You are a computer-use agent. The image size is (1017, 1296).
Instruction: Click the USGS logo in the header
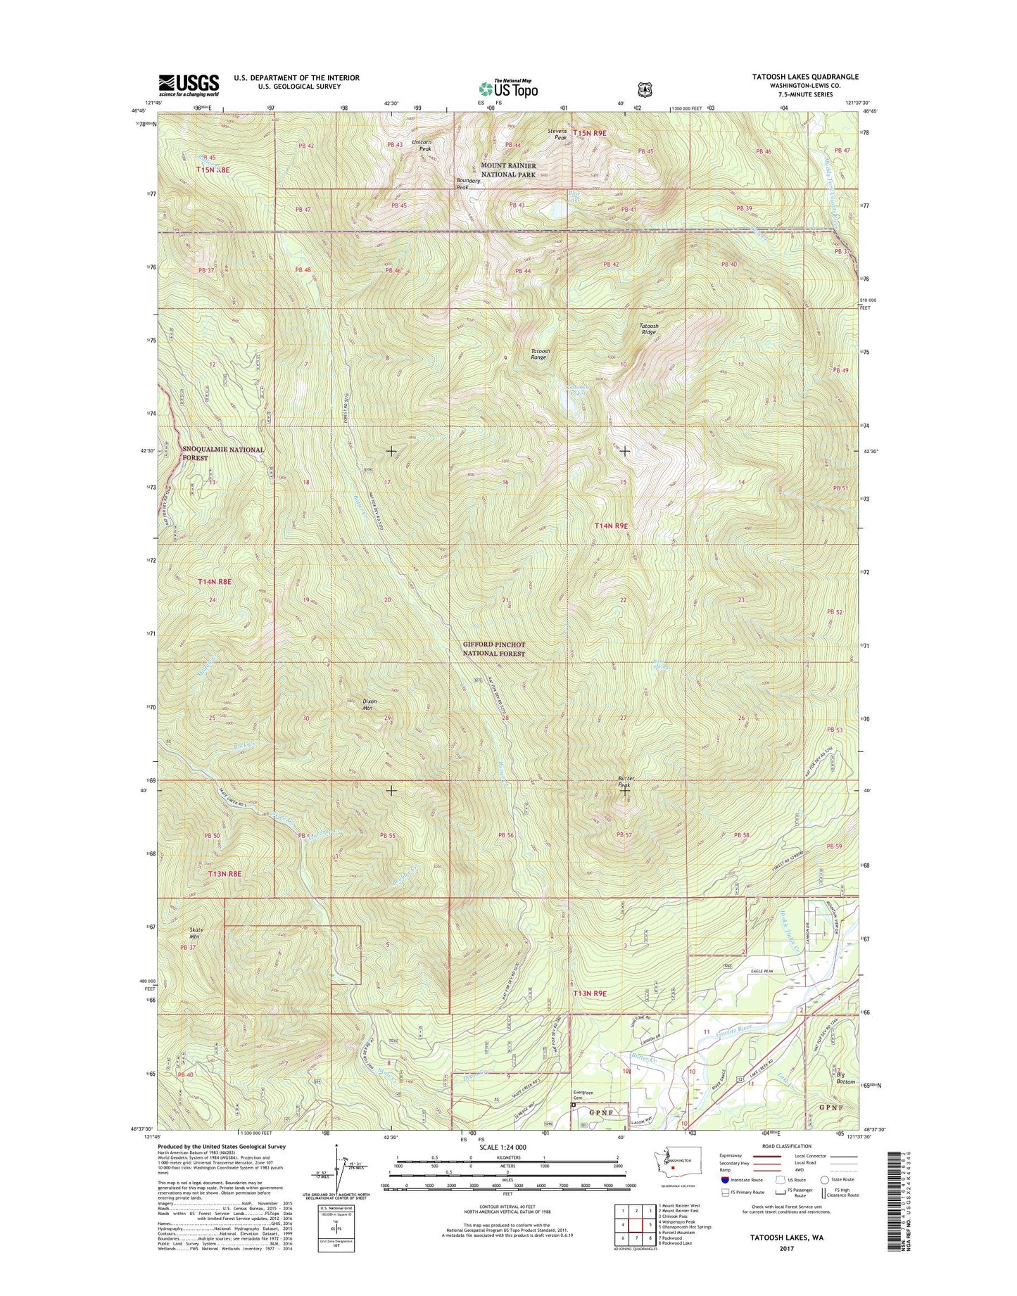click(x=189, y=84)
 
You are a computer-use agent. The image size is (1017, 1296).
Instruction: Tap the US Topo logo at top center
click(x=508, y=88)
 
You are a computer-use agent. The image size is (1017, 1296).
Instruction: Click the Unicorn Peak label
click(x=421, y=146)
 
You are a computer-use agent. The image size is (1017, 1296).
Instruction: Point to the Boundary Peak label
click(x=468, y=184)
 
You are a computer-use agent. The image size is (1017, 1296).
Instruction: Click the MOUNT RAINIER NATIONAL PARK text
click(x=508, y=170)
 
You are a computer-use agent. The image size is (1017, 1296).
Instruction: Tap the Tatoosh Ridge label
click(x=648, y=329)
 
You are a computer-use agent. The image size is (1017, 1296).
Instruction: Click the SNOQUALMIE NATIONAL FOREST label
click(x=222, y=453)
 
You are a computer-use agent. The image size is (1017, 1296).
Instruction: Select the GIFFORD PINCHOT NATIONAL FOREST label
click(x=493, y=649)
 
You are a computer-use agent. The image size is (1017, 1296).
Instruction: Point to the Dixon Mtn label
click(x=370, y=704)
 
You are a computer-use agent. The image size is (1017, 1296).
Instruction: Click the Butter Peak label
click(x=626, y=782)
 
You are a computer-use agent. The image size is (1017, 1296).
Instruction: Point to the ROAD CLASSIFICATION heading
click(x=787, y=1166)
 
